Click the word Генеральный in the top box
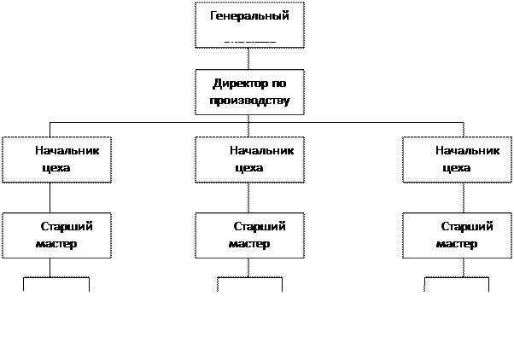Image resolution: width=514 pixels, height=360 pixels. [x=249, y=16]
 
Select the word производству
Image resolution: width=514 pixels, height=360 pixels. [x=249, y=101]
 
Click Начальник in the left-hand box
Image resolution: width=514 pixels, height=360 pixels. [x=67, y=150]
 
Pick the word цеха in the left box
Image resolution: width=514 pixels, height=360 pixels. [x=55, y=167]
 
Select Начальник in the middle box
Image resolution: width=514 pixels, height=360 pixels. [x=261, y=150]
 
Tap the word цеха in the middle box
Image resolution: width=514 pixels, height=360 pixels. [x=248, y=167]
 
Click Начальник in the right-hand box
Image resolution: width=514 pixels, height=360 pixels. [x=467, y=150]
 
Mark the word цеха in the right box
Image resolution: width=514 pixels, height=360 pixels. [x=457, y=167]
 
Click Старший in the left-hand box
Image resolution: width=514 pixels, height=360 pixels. [x=66, y=226]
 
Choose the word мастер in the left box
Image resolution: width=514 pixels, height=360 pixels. [x=56, y=243]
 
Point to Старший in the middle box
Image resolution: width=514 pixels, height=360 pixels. [x=260, y=226]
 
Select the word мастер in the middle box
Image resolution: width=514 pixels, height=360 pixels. [x=249, y=243]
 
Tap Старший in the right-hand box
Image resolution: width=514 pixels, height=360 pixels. [x=467, y=226]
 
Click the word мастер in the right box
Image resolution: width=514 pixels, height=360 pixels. [x=456, y=243]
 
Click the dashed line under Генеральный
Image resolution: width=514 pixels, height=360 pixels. [x=249, y=40]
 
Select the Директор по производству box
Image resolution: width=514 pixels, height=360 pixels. [x=249, y=93]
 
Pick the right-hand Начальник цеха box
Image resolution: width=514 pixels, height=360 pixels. [x=457, y=159]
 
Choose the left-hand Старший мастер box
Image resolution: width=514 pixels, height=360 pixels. [x=56, y=235]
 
